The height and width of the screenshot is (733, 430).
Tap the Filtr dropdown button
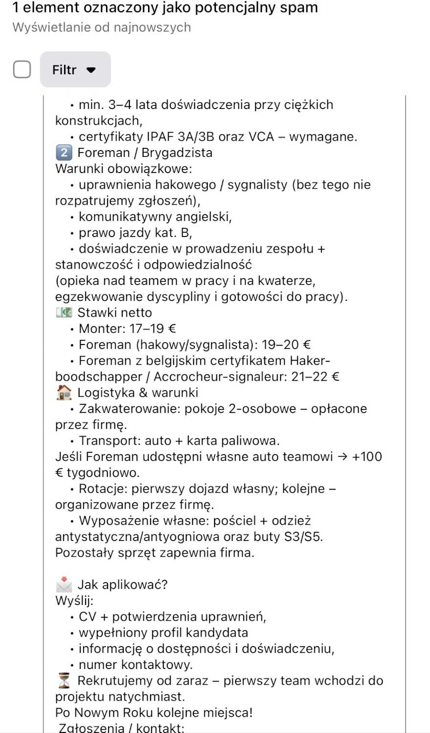click(x=75, y=70)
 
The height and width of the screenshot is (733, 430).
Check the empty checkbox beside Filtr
click(x=22, y=69)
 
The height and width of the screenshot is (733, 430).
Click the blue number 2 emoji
click(x=64, y=152)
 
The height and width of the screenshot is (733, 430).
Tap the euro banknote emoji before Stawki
click(x=64, y=312)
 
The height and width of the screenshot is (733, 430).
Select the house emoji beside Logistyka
click(x=64, y=392)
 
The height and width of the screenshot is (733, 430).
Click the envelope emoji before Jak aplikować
click(x=64, y=584)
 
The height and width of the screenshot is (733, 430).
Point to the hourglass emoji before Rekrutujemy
click(x=64, y=680)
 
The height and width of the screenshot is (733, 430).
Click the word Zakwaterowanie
click(x=129, y=409)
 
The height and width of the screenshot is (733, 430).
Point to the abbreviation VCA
click(x=261, y=136)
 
